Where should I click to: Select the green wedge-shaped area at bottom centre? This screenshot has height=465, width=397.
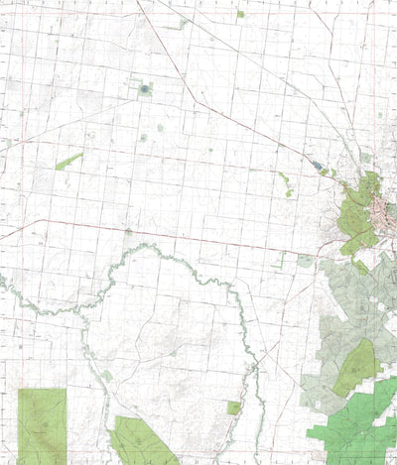(x=144, y=441)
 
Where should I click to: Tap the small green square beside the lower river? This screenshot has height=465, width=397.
(x=234, y=407)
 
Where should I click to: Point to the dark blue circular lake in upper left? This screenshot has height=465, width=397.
(x=145, y=89)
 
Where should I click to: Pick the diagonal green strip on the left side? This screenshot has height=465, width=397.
(x=68, y=161)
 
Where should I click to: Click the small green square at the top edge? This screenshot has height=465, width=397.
(x=240, y=14)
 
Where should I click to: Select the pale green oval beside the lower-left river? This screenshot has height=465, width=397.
(x=106, y=376)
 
